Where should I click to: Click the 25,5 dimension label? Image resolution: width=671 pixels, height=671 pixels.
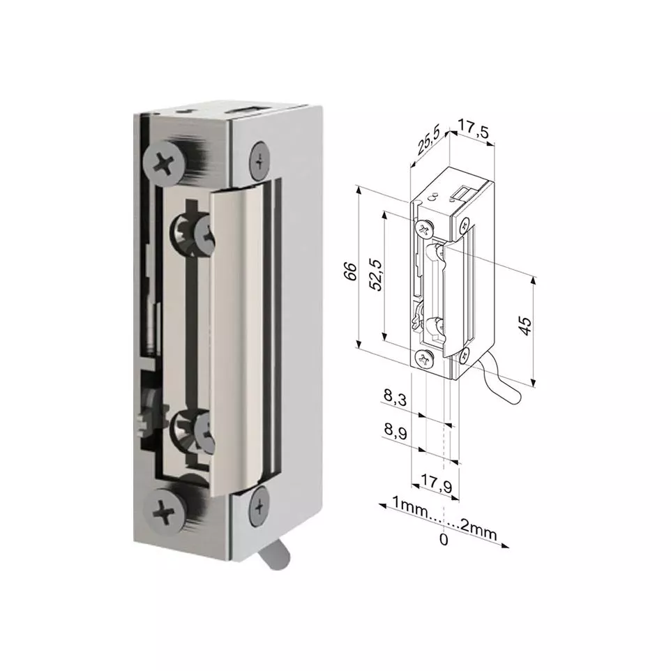[429, 141]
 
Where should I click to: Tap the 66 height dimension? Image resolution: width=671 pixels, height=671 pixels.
[350, 271]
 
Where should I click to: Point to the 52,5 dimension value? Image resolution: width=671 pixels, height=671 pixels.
[375, 274]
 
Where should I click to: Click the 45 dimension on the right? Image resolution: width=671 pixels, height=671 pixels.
[525, 326]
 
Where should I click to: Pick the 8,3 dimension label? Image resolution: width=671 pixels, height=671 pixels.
[395, 397]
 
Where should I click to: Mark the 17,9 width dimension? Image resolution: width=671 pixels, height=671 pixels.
[436, 483]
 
